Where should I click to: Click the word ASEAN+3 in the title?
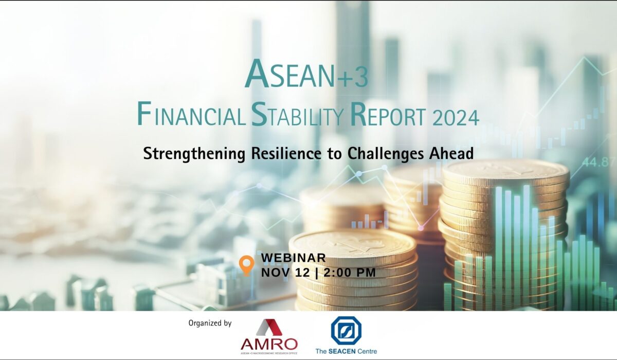click(x=306, y=74)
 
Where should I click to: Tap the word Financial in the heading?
click(x=191, y=114)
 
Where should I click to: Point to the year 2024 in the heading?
click(x=456, y=118)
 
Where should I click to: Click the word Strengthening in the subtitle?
click(x=194, y=154)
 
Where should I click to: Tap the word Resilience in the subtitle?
click(x=286, y=153)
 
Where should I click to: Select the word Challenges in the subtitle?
click(x=385, y=154)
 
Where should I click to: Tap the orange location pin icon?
click(x=246, y=265)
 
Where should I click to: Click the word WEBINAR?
click(x=294, y=258)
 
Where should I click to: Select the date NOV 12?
click(x=285, y=273)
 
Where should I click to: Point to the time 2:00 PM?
click(x=350, y=273)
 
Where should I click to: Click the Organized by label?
click(x=210, y=323)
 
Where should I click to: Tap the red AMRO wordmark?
click(x=269, y=344)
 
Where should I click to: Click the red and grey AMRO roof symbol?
click(x=269, y=327)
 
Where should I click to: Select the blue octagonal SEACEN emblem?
click(x=346, y=331)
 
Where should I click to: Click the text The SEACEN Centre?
click(x=346, y=351)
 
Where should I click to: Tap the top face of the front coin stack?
click(x=353, y=245)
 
